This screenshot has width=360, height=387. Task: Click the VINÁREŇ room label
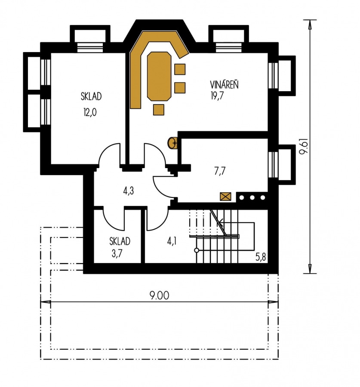coord(224,85)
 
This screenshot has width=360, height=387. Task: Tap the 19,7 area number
coord(217,96)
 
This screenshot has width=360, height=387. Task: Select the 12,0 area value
coord(90,113)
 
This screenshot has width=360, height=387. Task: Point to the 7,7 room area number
coord(219,171)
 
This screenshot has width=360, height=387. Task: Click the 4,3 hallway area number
coord(129,191)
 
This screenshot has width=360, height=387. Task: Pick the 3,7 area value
coord(117,254)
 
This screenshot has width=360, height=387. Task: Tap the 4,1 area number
coord(172,241)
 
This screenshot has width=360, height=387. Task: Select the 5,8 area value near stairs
coord(261,257)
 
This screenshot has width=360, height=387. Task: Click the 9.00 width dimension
coord(160,295)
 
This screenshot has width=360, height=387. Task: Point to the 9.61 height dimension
coord(304,146)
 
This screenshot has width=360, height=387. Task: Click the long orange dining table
coord(159,76)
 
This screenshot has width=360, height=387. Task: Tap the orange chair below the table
coord(159,110)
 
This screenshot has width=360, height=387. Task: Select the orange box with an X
coord(225,197)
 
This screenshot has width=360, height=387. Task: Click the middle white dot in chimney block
coord(252,197)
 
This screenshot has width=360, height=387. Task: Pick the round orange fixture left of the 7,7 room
coord(172,143)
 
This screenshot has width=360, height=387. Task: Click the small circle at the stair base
coord(197,250)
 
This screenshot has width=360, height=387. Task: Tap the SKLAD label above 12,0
coord(91,96)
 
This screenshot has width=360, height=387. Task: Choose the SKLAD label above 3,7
coord(120,241)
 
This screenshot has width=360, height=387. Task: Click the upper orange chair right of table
coord(180,69)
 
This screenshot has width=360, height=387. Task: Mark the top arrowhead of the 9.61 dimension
coord(310,24)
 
